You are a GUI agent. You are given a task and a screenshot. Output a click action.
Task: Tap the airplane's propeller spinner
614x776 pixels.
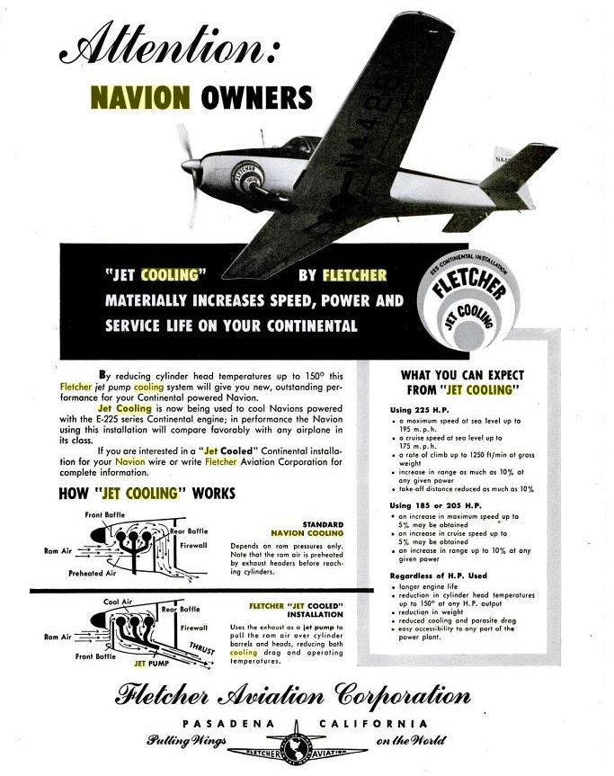tap(190, 166)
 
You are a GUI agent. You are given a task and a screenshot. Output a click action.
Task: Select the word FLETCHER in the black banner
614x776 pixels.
tap(354, 275)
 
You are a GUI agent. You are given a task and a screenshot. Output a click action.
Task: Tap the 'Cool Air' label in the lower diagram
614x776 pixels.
tap(120, 602)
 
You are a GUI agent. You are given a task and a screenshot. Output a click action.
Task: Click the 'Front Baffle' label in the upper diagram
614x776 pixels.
tap(106, 514)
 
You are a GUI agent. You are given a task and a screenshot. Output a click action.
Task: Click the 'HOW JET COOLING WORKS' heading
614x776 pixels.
tap(147, 493)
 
